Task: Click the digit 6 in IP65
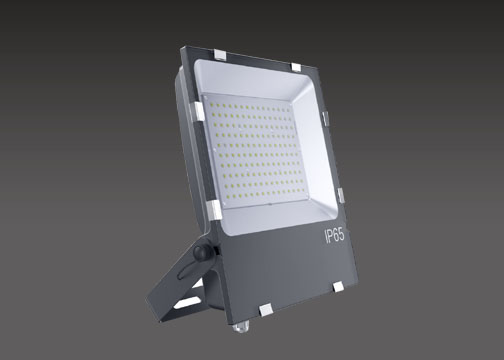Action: click(x=334, y=236)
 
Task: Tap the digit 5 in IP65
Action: click(x=341, y=234)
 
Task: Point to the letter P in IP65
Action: click(x=329, y=237)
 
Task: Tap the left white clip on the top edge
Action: click(x=220, y=54)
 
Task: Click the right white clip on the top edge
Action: click(x=296, y=67)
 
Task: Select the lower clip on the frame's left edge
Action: click(x=214, y=210)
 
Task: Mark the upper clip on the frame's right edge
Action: click(x=326, y=119)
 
